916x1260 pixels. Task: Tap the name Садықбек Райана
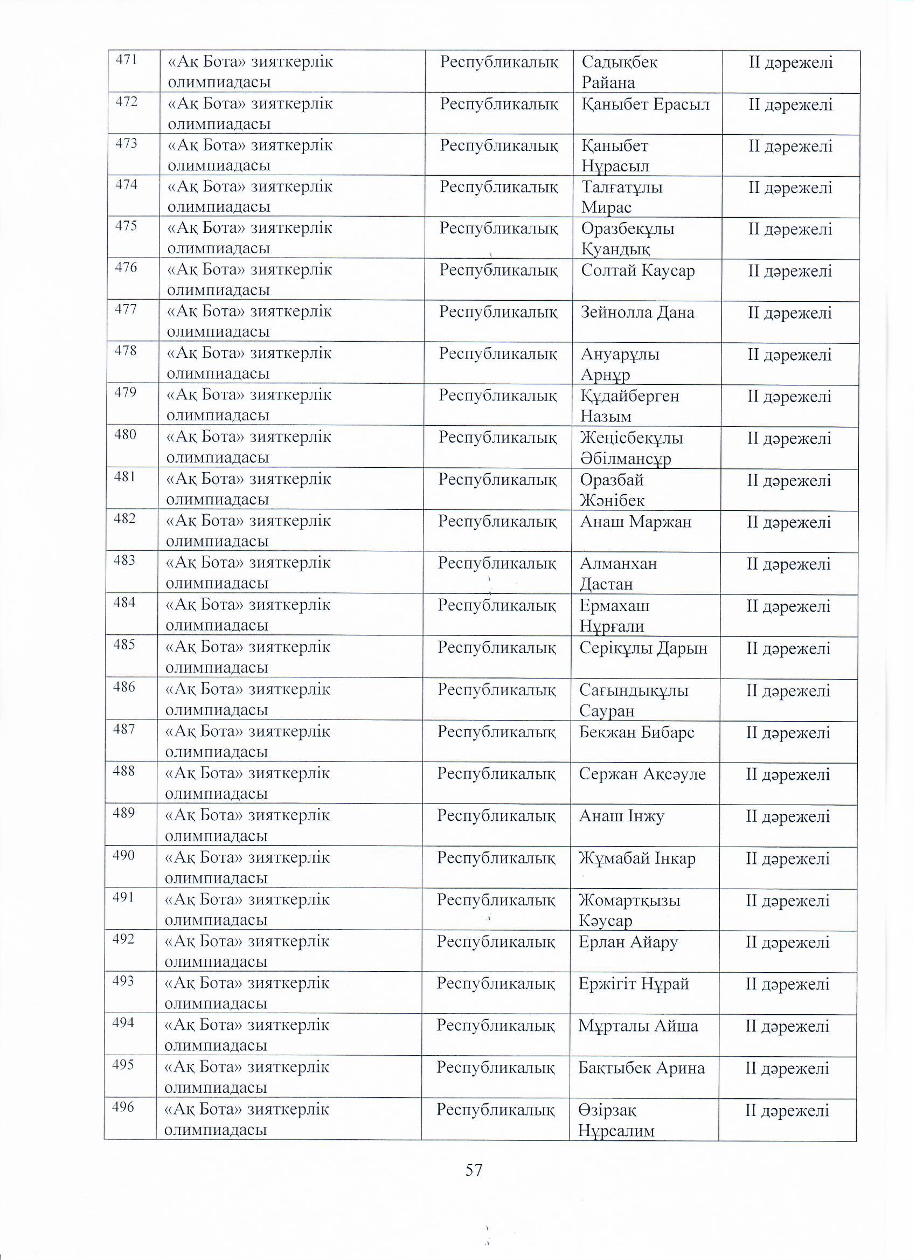click(x=619, y=72)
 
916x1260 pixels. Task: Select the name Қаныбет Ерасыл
click(x=645, y=105)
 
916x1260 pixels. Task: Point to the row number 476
click(x=126, y=268)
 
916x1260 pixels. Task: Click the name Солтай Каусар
click(x=638, y=271)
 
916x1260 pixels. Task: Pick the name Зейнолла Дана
click(x=637, y=313)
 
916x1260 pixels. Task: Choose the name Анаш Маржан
click(x=635, y=522)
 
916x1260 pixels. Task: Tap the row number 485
click(x=124, y=645)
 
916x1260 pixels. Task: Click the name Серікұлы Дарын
click(x=643, y=648)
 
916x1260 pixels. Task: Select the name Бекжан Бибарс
click(x=636, y=732)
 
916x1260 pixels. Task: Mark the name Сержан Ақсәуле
click(x=642, y=774)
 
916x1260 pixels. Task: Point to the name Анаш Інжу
click(x=621, y=816)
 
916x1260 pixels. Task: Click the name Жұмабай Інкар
click(x=636, y=859)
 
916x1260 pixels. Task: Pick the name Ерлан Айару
click(x=628, y=942)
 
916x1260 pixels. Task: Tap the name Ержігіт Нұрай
click(x=633, y=984)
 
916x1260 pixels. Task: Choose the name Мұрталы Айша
click(x=638, y=1026)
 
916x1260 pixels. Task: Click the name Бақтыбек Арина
click(x=641, y=1068)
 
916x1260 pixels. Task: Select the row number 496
click(x=123, y=1107)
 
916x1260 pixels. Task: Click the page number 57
click(x=474, y=1171)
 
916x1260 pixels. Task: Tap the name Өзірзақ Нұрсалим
click(x=616, y=1120)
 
